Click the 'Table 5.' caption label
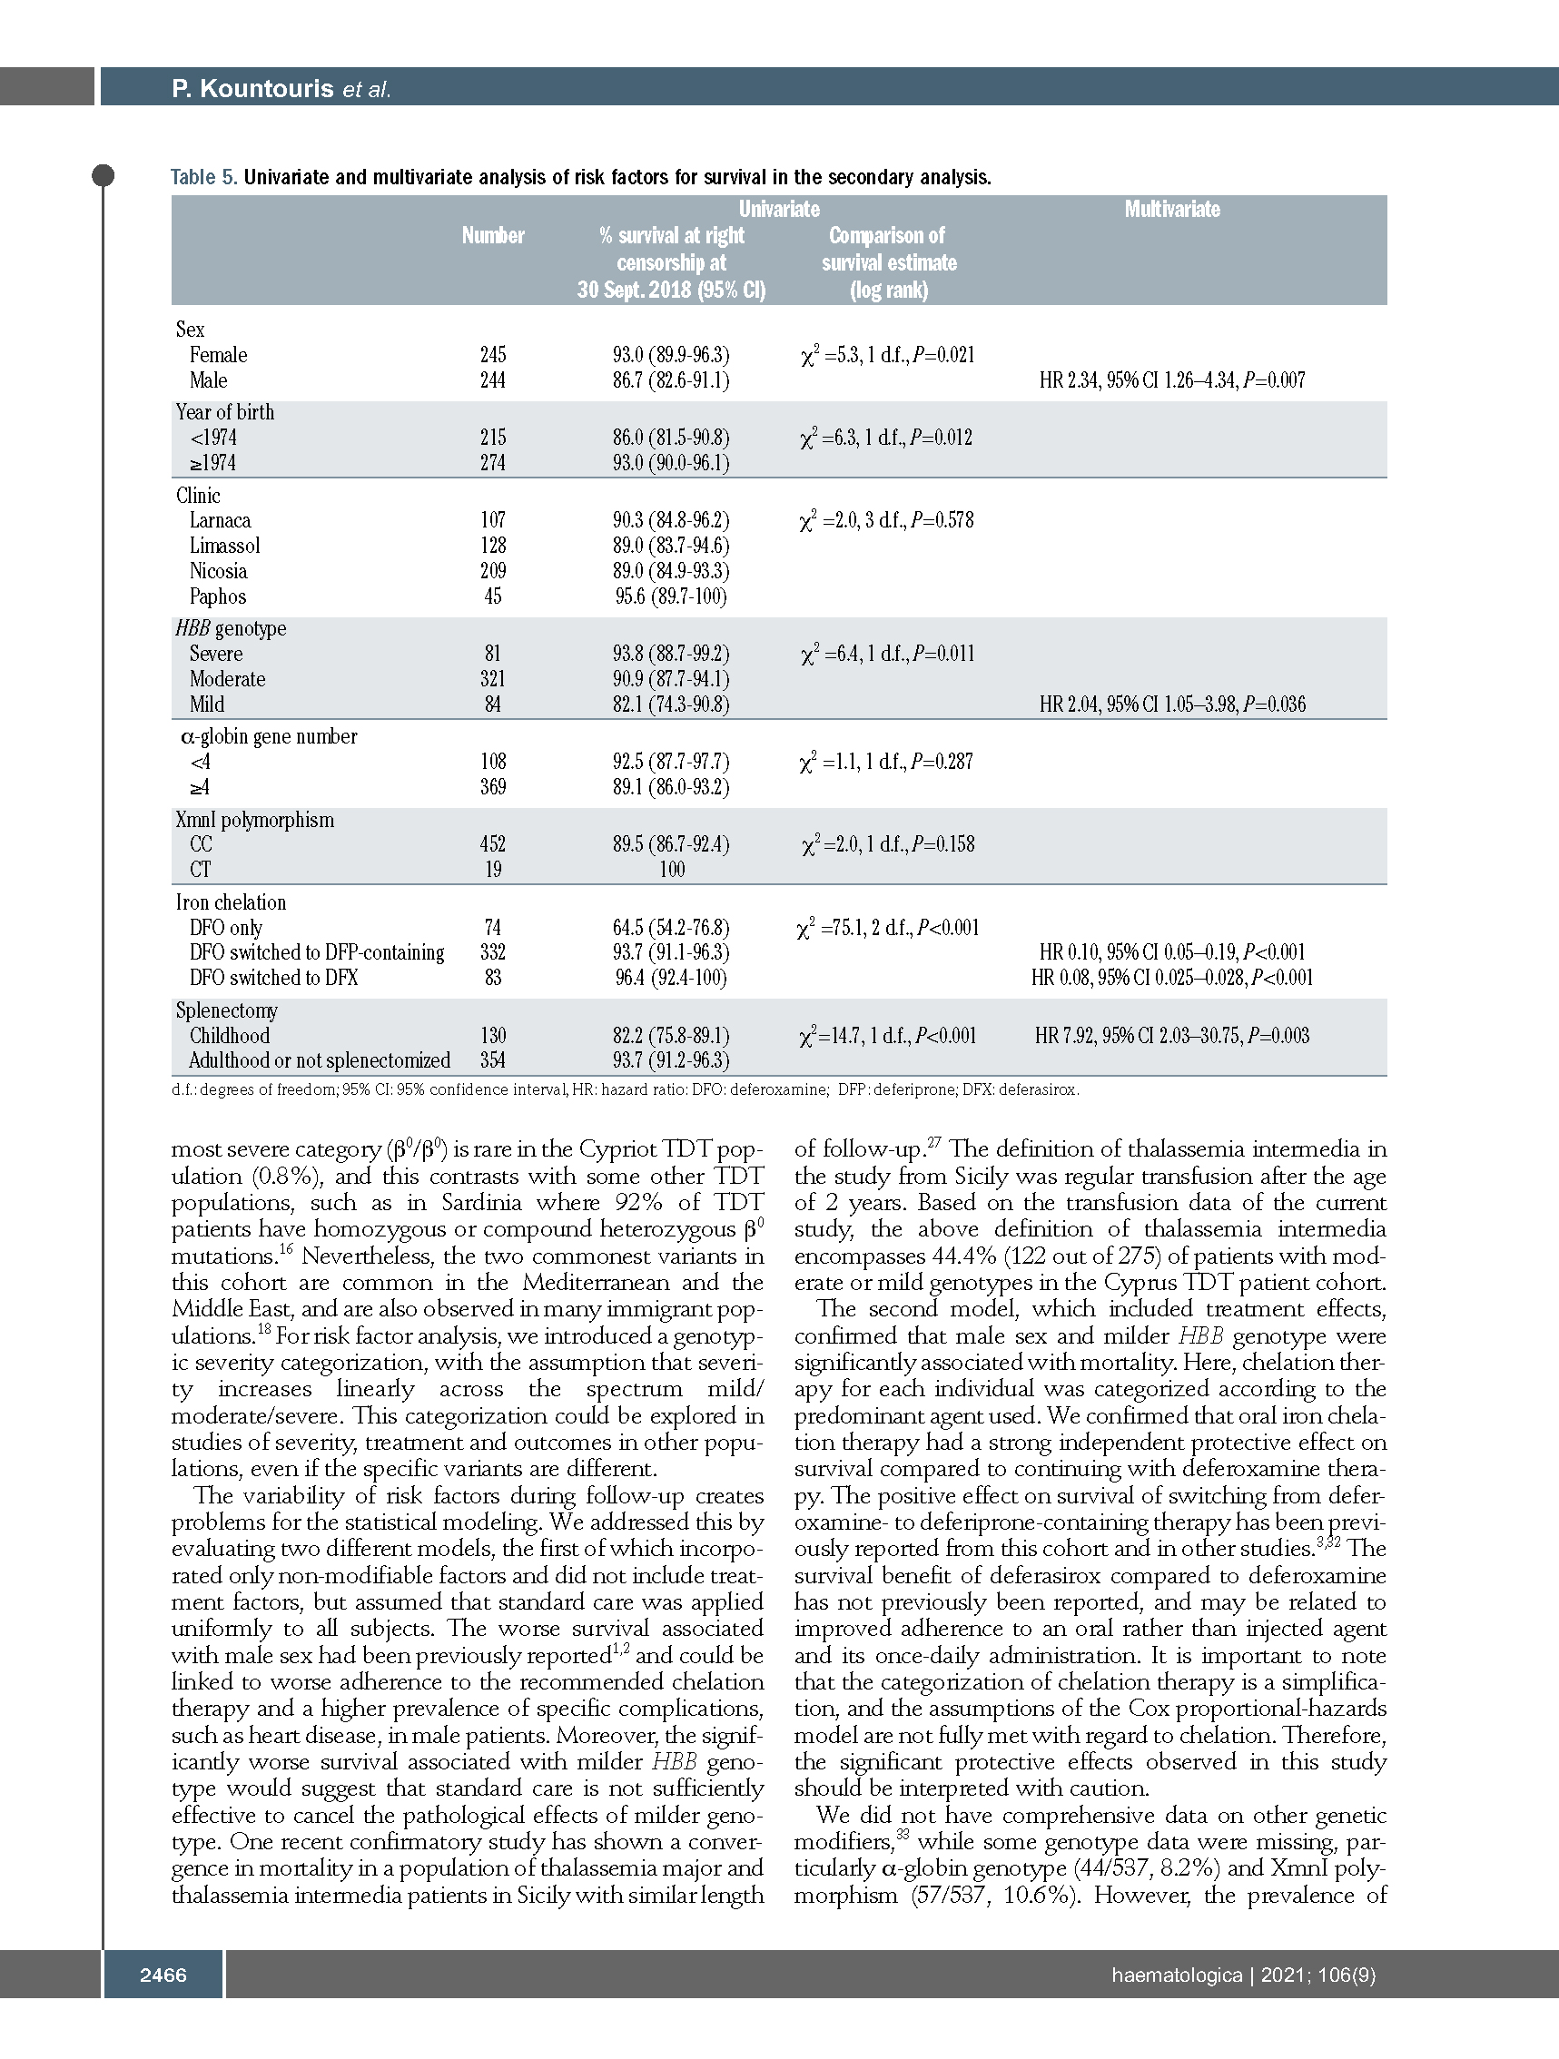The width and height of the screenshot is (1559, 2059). (203, 177)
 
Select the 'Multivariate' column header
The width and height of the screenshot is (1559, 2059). (1172, 210)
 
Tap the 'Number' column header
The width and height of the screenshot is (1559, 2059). (492, 235)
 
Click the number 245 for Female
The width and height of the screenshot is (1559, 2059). (492, 355)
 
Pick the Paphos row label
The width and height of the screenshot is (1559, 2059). (218, 596)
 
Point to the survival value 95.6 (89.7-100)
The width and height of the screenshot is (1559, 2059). (670, 596)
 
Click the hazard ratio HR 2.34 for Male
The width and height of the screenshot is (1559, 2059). (1172, 379)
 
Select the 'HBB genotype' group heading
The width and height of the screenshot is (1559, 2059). (231, 628)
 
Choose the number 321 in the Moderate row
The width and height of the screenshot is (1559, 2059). (492, 678)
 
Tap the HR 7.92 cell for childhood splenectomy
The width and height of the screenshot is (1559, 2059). (1172, 1035)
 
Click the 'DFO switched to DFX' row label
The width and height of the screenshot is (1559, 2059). (273, 978)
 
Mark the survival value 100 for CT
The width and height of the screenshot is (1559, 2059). (671, 870)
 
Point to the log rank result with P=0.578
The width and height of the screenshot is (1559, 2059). (887, 520)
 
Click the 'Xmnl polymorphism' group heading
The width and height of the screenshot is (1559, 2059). (254, 820)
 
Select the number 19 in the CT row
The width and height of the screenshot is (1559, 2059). (492, 870)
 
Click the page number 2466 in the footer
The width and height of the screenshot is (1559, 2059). (163, 1975)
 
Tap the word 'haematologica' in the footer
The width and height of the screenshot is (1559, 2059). (1177, 1975)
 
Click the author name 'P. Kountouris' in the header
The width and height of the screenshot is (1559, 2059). (252, 88)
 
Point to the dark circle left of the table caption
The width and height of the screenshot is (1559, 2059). (104, 175)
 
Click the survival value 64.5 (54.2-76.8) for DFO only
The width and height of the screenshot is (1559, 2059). (670, 927)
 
